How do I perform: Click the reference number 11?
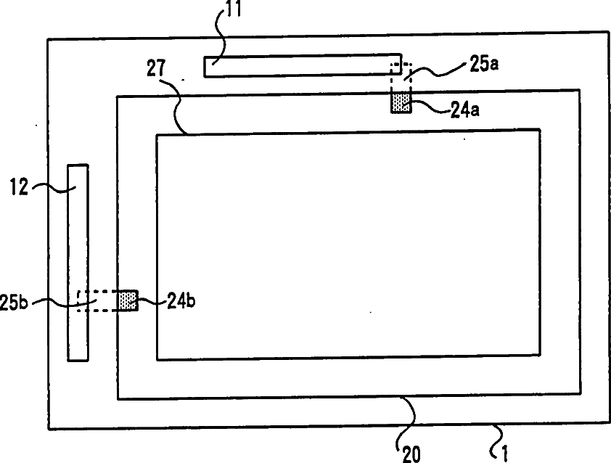pyautogui.click(x=234, y=9)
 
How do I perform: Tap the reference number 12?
pyautogui.click(x=19, y=187)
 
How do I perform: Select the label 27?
pyautogui.click(x=156, y=68)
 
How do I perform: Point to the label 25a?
pyautogui.click(x=483, y=64)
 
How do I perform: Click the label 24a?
pyautogui.click(x=465, y=110)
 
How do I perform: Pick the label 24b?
pyautogui.click(x=181, y=300)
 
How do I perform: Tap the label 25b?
pyautogui.click(x=14, y=303)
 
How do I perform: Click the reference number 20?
pyautogui.click(x=411, y=454)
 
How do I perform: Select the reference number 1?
pyautogui.click(x=504, y=454)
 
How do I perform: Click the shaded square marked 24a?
pyautogui.click(x=401, y=103)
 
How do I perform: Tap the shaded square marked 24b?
pyautogui.click(x=128, y=301)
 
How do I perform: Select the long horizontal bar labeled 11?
pyautogui.click(x=303, y=65)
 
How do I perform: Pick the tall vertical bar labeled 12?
pyautogui.click(x=78, y=263)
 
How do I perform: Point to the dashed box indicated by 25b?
pyautogui.click(x=98, y=301)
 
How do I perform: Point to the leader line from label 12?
pyautogui.click(x=53, y=188)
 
